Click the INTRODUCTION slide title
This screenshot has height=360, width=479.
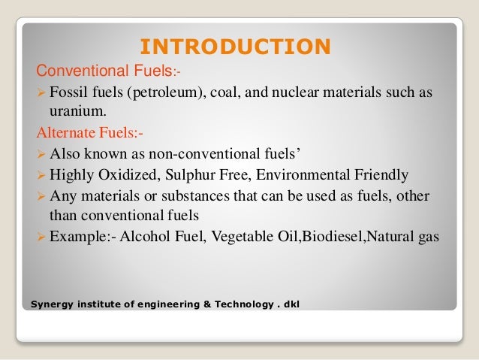pyautogui.click(x=235, y=47)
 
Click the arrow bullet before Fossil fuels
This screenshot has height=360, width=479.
pyautogui.click(x=42, y=93)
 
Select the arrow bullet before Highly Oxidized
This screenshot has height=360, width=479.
pyautogui.click(x=42, y=175)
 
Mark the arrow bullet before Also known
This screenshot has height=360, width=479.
pyautogui.click(x=42, y=155)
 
